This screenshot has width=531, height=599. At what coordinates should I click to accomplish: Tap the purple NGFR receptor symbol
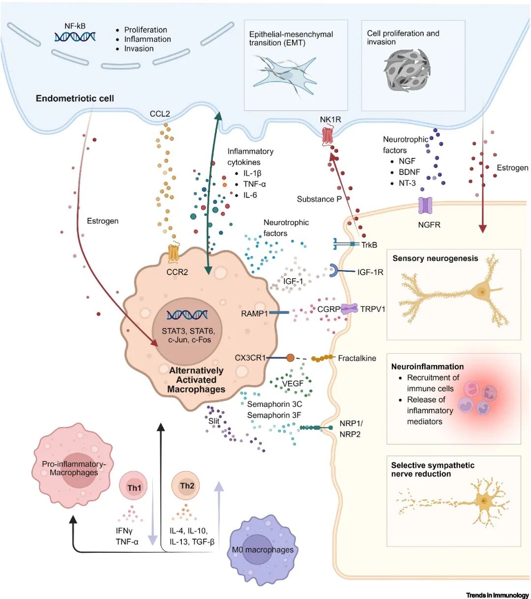point(425,205)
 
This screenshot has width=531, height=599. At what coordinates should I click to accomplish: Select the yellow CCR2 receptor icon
point(173,253)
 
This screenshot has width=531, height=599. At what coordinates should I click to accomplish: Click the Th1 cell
point(134,487)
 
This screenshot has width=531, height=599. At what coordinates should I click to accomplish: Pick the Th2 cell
point(186,486)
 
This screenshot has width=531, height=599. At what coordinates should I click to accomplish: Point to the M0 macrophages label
point(263,549)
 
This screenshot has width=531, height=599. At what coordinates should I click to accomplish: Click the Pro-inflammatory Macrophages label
point(74,468)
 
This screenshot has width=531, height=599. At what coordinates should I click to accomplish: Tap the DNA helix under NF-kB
point(75,36)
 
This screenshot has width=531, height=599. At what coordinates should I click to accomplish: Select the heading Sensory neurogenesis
point(435,258)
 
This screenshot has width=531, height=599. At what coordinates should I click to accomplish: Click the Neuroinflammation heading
point(427,367)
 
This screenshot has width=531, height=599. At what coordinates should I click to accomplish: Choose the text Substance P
point(319,199)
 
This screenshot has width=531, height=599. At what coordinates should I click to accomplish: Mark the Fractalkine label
point(357,358)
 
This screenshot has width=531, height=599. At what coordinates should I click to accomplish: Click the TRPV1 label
point(373,309)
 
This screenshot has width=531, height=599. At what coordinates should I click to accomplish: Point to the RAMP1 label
point(254,314)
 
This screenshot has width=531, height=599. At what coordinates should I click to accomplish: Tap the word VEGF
point(293,383)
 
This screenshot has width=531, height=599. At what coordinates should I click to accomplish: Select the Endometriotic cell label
point(75,98)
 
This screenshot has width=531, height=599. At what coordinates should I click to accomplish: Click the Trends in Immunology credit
point(497,595)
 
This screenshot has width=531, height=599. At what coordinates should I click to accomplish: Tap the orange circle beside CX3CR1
point(290,358)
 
